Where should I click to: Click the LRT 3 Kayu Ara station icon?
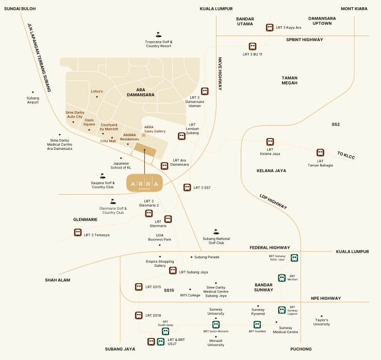pos(269,27)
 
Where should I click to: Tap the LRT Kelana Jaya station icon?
pos(270,142)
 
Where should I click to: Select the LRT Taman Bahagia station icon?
pos(320,153)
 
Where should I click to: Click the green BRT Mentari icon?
pos(281,278)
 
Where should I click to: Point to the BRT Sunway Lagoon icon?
pos(281,310)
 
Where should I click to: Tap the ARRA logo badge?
pos(145,183)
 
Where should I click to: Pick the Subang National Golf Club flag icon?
pos(216,232)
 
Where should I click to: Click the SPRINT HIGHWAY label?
pos(305,40)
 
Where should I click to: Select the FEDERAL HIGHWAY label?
pos(270,247)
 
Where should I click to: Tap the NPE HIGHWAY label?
pos(326,298)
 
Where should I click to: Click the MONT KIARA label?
pos(354,9)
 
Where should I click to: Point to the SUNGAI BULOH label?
pos(20,9)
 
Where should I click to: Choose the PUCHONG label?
pos(301,349)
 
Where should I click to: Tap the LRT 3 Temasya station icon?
pos(77,233)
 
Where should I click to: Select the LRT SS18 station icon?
pos(139,315)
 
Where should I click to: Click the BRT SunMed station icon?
pos(257,324)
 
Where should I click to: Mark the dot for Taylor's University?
pos(322,316)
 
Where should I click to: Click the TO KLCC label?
pos(346,155)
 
